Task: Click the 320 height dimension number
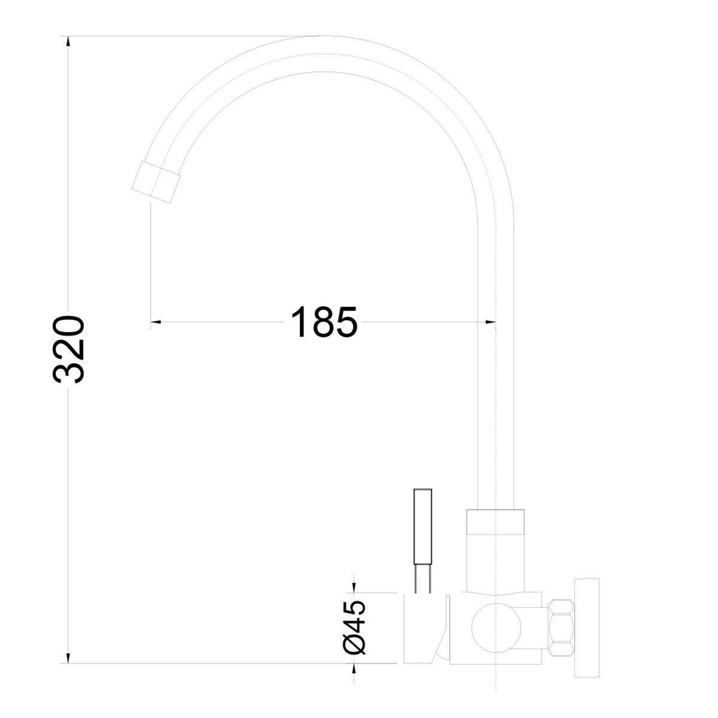(69, 349)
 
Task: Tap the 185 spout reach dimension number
(324, 322)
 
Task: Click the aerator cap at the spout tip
(156, 182)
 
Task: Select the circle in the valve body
(496, 628)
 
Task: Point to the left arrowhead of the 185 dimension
(156, 322)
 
